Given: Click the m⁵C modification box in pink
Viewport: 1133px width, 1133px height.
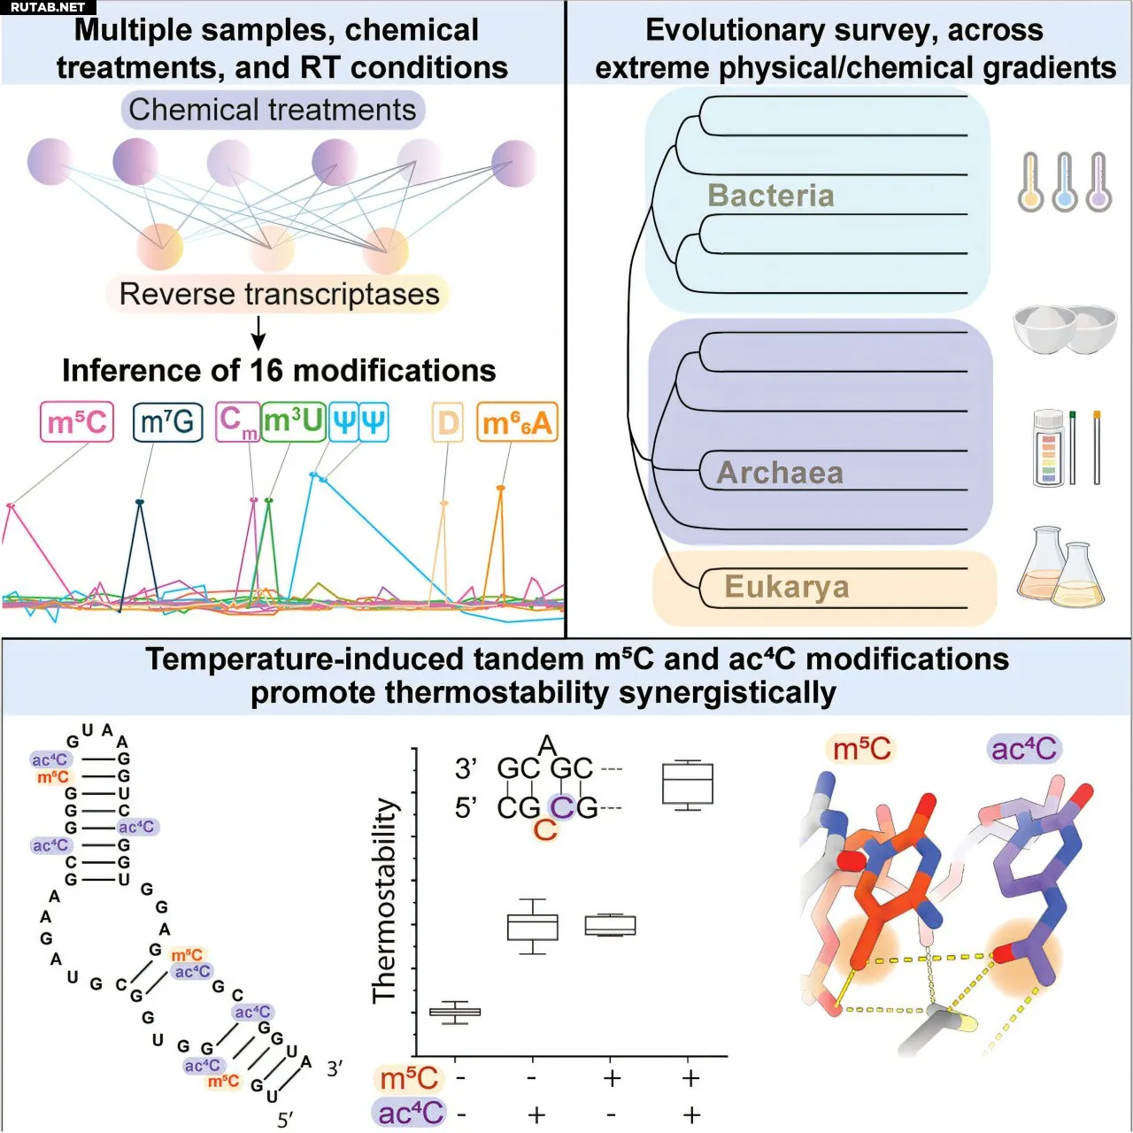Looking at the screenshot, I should (x=77, y=422).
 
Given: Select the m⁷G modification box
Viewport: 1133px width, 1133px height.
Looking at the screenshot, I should (x=167, y=422).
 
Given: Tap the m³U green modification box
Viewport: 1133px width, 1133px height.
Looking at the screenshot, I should (x=293, y=421).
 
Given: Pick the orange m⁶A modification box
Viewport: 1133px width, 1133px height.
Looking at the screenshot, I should (x=517, y=423).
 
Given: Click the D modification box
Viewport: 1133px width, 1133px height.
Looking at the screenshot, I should (x=448, y=423).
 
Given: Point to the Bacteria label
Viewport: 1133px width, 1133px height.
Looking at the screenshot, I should (x=770, y=196).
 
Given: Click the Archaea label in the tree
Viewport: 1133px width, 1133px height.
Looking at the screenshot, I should (x=779, y=473).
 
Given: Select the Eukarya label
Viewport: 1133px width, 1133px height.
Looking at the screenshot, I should (x=786, y=587).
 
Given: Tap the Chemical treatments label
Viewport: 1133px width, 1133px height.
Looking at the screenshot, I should (x=273, y=110).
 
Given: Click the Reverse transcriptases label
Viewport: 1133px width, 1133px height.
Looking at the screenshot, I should (x=279, y=294).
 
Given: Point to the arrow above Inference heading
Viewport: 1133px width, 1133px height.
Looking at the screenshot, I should (x=258, y=332).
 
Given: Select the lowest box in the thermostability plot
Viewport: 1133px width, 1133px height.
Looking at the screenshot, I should (x=455, y=1012).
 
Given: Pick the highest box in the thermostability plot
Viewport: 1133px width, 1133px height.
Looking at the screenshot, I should (x=688, y=784).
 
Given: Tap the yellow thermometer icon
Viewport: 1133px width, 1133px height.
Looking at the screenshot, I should (x=1030, y=182).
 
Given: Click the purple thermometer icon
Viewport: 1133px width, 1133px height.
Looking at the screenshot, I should (x=1098, y=182).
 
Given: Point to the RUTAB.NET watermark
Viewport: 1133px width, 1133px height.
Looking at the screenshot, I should (x=48, y=7).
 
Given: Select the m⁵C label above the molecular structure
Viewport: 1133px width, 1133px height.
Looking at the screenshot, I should (x=860, y=749).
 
